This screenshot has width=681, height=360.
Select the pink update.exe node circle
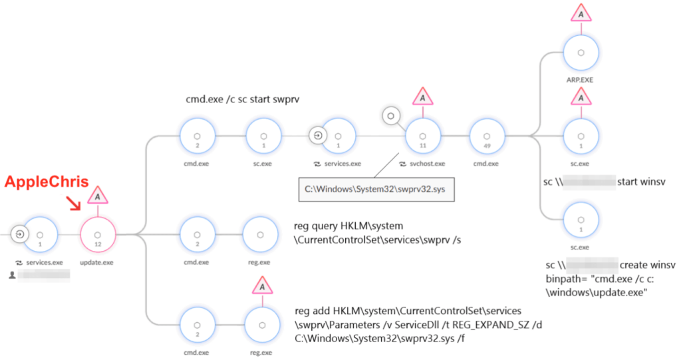98,234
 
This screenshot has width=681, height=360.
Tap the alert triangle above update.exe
98,196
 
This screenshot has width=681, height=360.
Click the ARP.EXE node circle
581,51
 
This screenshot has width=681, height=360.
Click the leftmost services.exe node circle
39,234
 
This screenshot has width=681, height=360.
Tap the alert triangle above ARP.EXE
581,13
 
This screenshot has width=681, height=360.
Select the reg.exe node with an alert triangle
263,324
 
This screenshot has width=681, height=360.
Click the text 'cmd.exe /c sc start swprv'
241,99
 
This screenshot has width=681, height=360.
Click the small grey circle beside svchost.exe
391,116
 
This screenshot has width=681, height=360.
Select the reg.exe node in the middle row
263,234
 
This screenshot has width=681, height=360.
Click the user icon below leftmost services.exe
12,273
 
